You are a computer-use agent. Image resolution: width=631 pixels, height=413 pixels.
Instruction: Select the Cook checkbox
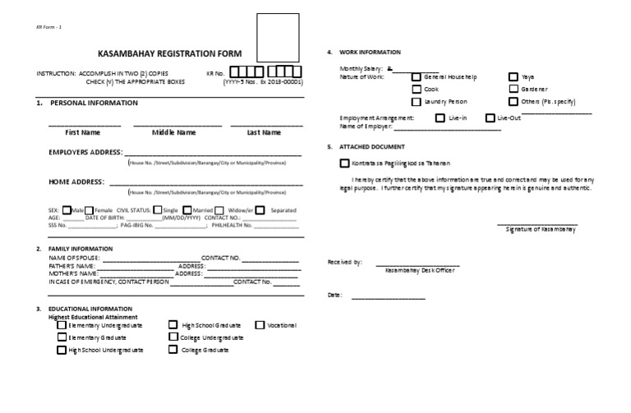[416, 89]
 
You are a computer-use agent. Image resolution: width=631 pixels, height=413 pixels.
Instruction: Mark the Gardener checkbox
[514, 89]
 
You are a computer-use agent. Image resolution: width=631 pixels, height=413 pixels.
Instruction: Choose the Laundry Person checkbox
[416, 101]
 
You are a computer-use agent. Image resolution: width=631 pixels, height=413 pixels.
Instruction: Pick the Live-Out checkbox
[491, 118]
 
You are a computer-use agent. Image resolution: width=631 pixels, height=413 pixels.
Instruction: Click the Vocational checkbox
[260, 325]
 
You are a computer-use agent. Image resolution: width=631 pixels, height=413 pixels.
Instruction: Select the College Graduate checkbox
[173, 350]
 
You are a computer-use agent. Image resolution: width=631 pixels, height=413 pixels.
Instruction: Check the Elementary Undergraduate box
[62, 325]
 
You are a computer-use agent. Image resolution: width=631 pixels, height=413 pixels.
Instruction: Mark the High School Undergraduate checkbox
[62, 350]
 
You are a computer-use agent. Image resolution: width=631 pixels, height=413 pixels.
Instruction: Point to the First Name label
[83, 132]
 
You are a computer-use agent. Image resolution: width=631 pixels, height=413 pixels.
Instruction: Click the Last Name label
[265, 132]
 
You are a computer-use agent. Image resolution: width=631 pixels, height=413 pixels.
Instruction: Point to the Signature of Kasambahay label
[540, 229]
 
